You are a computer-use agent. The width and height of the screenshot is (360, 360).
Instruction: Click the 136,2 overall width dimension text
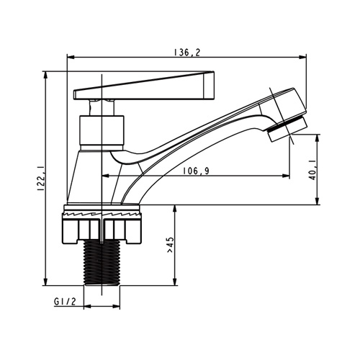click(186, 53)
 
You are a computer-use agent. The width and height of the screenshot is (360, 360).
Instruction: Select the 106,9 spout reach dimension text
click(196, 171)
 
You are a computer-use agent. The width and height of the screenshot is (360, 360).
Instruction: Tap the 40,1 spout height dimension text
click(312, 171)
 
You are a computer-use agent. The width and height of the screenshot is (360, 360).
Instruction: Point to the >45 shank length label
click(169, 245)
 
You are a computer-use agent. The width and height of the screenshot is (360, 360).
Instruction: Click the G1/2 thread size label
click(65, 302)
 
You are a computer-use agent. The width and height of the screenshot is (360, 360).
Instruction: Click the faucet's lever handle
click(143, 86)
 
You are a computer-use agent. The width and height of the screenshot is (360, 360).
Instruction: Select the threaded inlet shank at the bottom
click(102, 264)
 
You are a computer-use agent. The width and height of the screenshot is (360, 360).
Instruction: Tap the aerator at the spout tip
click(287, 129)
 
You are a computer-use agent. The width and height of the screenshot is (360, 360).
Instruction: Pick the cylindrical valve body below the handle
click(102, 133)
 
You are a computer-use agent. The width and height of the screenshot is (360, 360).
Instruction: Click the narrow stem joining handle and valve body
click(102, 107)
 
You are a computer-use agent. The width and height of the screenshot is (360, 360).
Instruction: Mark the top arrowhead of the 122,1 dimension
click(45, 76)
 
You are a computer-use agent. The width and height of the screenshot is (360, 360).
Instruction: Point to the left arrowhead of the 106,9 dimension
click(106, 176)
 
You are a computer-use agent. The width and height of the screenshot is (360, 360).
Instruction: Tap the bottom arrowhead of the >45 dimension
click(175, 282)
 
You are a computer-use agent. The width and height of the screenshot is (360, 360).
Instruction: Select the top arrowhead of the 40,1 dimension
click(318, 138)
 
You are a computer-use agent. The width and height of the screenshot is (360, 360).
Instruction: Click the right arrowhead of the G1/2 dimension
click(116, 307)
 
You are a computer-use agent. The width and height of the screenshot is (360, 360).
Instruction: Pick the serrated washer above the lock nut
click(102, 213)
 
